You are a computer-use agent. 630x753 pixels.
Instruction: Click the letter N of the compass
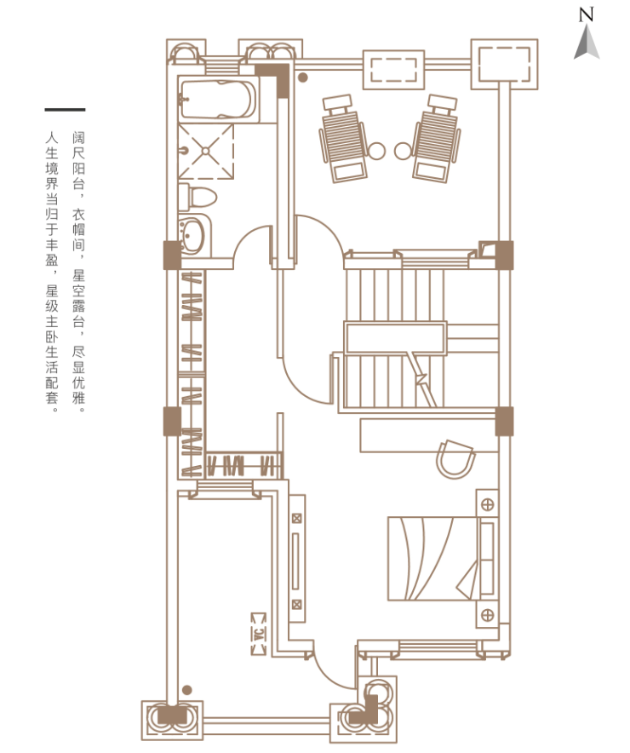tap(586, 14)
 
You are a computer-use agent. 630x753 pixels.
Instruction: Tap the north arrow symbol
tap(587, 43)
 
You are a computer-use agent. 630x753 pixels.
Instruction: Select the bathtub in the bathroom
tap(218, 100)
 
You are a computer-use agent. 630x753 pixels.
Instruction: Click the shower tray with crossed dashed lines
tap(206, 152)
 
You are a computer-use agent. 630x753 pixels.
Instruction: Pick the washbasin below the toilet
tap(194, 236)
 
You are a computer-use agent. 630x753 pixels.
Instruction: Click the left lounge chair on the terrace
tap(344, 138)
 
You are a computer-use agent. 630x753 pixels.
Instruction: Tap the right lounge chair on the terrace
tap(437, 138)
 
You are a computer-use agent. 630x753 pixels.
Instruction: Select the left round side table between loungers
tap(376, 151)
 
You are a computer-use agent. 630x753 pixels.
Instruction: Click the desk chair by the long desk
tap(455, 458)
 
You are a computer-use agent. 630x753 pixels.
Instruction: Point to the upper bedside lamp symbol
tap(488, 504)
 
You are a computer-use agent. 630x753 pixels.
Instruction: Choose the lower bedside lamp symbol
tap(488, 615)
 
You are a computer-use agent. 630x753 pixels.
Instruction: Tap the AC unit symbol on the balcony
tap(259, 634)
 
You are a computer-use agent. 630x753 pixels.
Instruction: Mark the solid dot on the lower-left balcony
tap(187, 690)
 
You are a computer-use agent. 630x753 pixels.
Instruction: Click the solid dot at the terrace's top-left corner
tap(303, 77)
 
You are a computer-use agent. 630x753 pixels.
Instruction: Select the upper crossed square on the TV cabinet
tap(297, 519)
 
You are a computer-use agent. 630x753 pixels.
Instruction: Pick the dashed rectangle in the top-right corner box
tap(504, 65)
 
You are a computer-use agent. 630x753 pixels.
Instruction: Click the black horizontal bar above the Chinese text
tap(66, 110)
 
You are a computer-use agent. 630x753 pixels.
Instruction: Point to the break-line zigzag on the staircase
tap(422, 379)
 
